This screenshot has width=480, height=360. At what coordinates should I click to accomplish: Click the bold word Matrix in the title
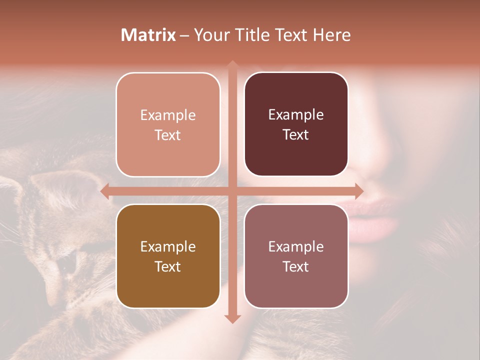coord(148,35)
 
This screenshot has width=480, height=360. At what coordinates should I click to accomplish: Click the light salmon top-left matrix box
coord(168,124)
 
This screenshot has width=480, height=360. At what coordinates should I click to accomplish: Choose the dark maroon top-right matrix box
coord(296,124)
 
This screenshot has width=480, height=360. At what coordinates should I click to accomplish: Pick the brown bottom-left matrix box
coord(168,256)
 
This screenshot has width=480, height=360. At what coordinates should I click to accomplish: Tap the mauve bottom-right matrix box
coord(296,256)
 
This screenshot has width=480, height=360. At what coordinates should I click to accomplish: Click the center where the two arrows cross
coord(232,191)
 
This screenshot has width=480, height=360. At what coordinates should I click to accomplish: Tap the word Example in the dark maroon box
coord(296,114)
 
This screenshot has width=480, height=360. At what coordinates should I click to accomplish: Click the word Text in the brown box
coord(168,266)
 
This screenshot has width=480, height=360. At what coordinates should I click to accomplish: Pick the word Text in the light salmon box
coord(168,135)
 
